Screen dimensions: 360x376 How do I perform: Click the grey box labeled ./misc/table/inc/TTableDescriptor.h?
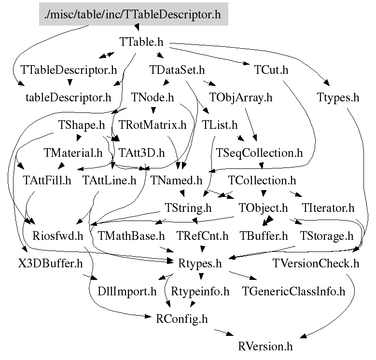tap(133, 14)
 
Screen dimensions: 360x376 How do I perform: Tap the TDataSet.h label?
tap(178, 70)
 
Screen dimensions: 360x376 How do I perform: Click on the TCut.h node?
tap(271, 70)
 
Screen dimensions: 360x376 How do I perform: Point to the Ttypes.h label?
tap(338, 98)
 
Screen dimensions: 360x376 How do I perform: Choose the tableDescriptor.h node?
tap(68, 98)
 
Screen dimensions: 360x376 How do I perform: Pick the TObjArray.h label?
tap(241, 98)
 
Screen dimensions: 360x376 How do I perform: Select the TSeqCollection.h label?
tap(260, 153)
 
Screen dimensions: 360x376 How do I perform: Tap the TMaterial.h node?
tap(73, 153)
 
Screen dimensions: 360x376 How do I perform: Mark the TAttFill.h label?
tap(47, 181)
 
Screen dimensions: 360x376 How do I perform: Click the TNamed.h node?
tap(176, 181)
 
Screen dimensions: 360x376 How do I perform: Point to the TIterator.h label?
tap(328, 208)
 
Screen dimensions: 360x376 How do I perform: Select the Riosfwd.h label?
tap(58, 236)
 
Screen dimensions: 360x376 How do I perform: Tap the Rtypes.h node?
tap(200, 264)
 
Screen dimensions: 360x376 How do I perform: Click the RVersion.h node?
tap(265, 347)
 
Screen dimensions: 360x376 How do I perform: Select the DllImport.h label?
tap(127, 291)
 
